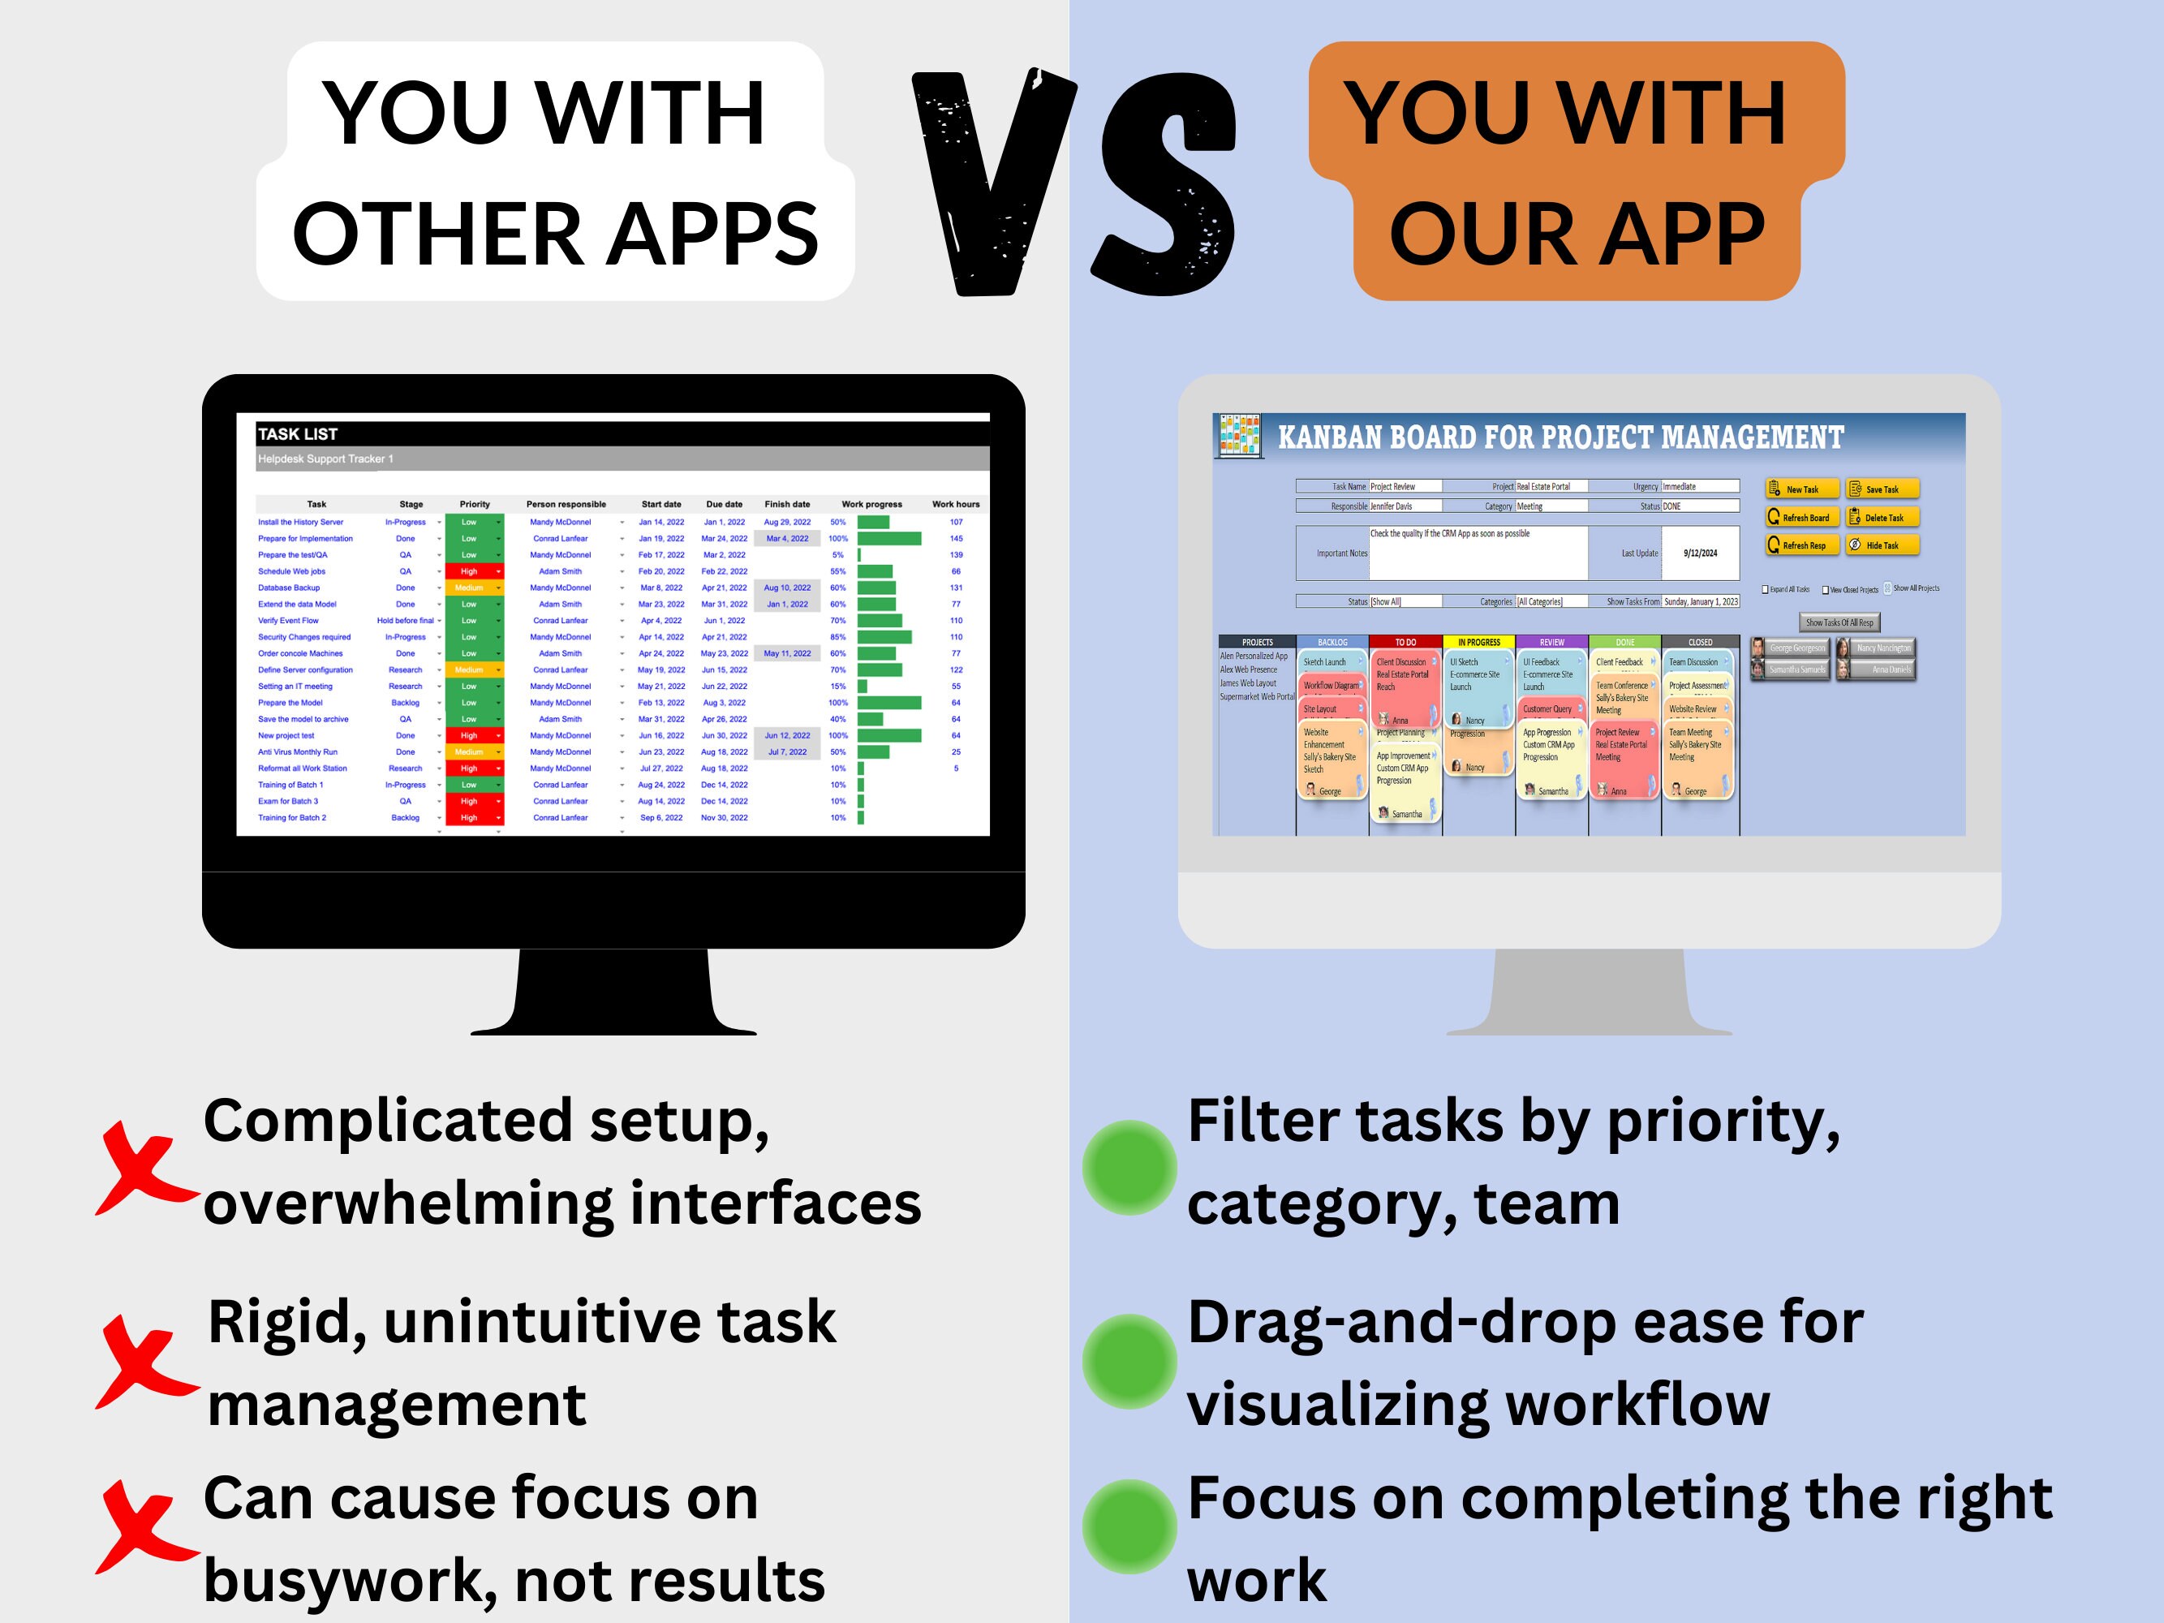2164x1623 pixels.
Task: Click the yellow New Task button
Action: click(x=1802, y=489)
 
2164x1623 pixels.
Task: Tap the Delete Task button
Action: click(x=1882, y=518)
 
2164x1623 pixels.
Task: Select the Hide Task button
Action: click(x=1882, y=545)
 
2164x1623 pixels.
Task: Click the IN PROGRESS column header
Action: click(x=1478, y=643)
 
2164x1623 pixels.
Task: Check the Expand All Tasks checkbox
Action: click(x=1765, y=590)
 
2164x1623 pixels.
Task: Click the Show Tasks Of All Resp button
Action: click(x=1839, y=622)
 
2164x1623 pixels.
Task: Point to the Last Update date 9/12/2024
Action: click(x=1701, y=553)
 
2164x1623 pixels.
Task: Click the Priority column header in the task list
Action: click(x=475, y=505)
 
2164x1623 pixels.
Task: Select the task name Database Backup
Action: click(x=289, y=588)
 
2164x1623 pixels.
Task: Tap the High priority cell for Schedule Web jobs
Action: click(x=470, y=571)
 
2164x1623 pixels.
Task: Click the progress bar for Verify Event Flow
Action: click(x=880, y=620)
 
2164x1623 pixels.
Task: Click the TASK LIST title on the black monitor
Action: click(x=298, y=434)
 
